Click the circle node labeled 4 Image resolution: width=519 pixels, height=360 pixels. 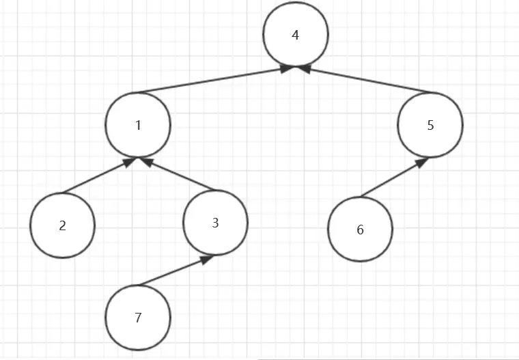pos(296,35)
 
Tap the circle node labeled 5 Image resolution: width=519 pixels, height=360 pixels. pos(430,125)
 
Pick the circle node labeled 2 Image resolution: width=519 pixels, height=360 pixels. pos(63,225)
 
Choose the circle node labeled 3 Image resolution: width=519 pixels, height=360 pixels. pos(216,223)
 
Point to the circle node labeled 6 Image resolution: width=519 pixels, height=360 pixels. pos(361,230)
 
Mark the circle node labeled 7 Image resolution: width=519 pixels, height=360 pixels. pos(138,318)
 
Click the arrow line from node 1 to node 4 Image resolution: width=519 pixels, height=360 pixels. pos(212,81)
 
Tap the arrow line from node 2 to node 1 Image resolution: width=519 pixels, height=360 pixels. pos(96,176)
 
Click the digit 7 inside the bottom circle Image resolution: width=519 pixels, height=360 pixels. pos(138,318)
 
